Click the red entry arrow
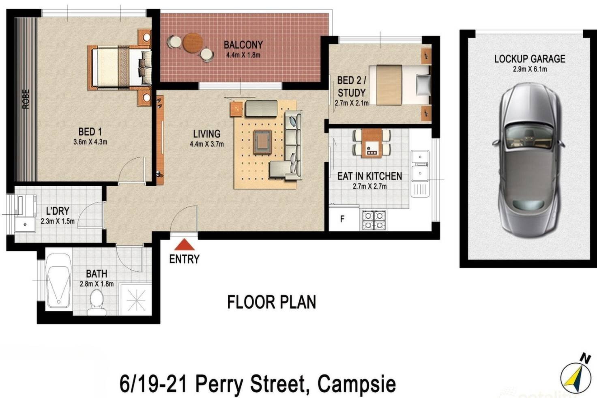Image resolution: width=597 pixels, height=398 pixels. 185,245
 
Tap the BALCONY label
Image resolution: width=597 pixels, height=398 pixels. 243,45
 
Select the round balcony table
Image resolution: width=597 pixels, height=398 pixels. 193,43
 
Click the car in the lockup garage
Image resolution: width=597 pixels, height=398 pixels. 528,160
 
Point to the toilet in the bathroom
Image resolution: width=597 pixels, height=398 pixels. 97,303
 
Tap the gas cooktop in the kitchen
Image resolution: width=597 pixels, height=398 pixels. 374,220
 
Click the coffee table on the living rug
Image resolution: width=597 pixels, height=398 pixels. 262,142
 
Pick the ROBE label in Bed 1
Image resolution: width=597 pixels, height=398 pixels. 26,99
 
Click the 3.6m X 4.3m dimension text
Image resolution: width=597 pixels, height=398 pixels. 90,142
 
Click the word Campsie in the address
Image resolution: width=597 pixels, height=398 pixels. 356,384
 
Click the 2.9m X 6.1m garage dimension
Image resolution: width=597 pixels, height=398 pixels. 530,69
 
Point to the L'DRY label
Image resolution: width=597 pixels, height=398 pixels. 58,211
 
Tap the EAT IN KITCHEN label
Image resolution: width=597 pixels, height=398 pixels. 369,176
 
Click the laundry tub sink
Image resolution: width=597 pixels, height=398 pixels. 25,224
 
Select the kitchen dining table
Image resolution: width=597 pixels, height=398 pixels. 372,143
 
